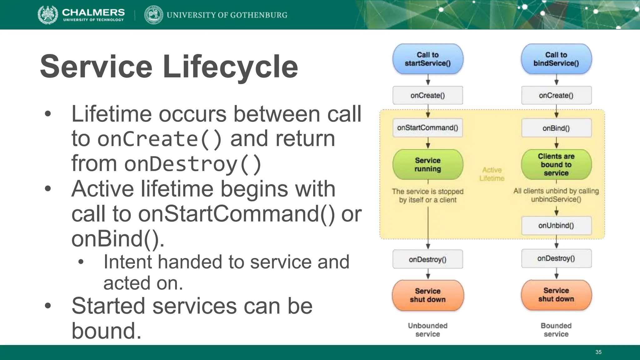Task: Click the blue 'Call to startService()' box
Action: coord(428,59)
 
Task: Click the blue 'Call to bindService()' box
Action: coord(556,59)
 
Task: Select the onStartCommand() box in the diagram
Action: coord(427,128)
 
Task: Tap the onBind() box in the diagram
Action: coord(556,128)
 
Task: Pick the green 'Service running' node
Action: coord(428,165)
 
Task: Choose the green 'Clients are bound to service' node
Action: coord(556,165)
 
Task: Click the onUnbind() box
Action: coord(556,226)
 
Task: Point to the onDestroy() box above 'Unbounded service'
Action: coord(428,259)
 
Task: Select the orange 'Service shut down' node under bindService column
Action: coord(556,295)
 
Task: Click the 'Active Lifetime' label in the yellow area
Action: coord(492,174)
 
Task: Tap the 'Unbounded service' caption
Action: coord(428,330)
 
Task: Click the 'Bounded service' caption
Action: coord(556,330)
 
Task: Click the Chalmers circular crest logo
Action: coord(48,15)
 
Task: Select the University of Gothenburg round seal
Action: coord(154,15)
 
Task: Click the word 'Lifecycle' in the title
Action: coord(230,67)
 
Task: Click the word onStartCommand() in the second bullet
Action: coord(236,214)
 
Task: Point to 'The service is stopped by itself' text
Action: coord(428,196)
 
